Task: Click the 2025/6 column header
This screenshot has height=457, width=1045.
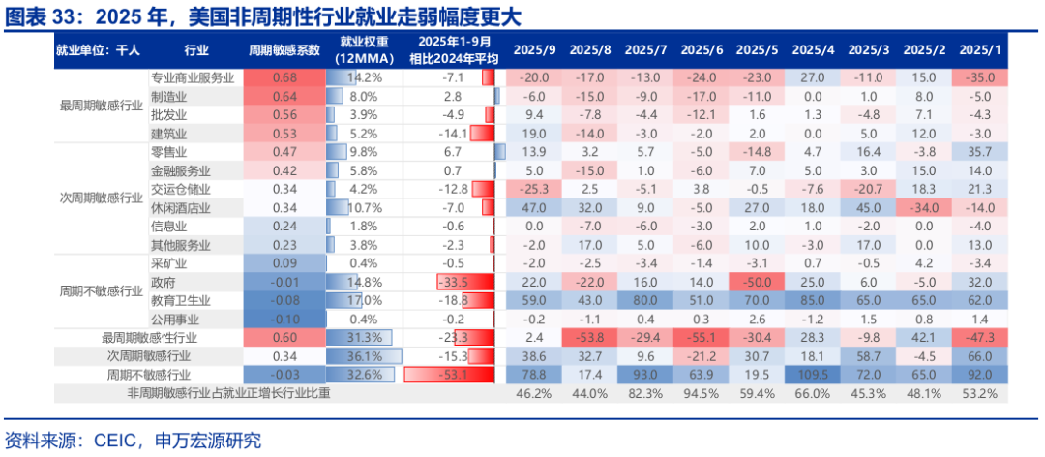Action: coord(702,50)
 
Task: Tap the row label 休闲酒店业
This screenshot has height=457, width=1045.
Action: coord(181,208)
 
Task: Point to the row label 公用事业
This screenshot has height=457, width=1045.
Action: coord(175,320)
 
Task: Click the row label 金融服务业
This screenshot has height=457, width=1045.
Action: coord(181,170)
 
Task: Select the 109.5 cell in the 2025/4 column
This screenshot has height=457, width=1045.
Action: coord(813,375)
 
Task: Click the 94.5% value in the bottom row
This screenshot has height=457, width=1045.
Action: coord(702,394)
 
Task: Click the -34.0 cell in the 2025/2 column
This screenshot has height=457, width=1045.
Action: coord(925,208)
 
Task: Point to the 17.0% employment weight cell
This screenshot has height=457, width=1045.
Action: coord(364,301)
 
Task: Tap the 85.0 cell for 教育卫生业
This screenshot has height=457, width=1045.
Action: coord(813,301)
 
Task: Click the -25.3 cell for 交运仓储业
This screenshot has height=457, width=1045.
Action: coord(534,189)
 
